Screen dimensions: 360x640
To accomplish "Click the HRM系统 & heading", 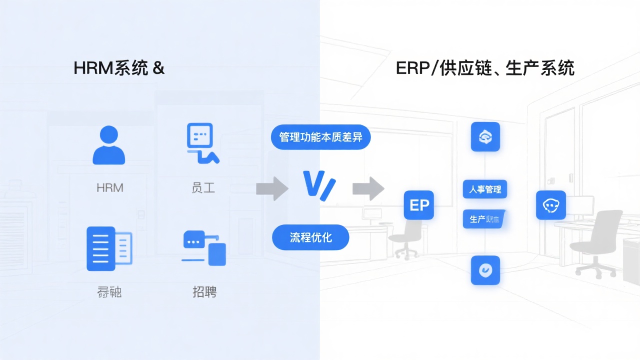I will click(x=119, y=68).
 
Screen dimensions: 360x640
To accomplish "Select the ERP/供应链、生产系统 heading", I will click(x=484, y=68).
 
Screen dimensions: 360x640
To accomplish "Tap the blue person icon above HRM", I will click(x=109, y=145).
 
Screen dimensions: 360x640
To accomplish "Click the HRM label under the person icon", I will click(x=109, y=188).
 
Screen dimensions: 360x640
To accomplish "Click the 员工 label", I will click(x=203, y=188).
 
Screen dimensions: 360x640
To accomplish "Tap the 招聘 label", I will click(x=204, y=291).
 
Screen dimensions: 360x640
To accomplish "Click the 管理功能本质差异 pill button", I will click(x=320, y=136).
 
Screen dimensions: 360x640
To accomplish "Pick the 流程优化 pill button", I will click(x=310, y=237).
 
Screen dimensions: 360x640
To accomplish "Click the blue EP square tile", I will click(x=419, y=205).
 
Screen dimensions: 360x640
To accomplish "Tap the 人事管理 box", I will click(x=485, y=189).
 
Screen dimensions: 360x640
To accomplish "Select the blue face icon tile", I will click(x=550, y=205).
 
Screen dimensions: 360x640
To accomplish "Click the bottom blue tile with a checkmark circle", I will click(x=485, y=270).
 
